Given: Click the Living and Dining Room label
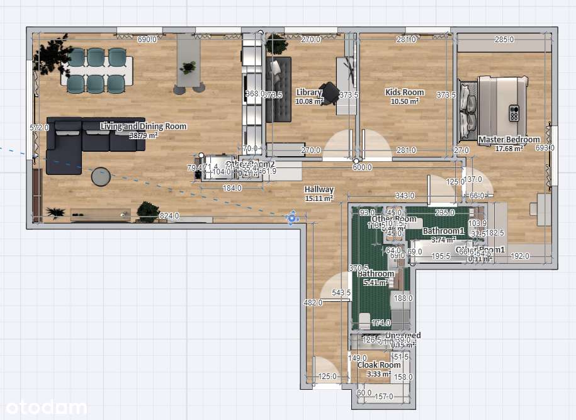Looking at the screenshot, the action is [144, 127].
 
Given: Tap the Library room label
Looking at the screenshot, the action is [309, 93].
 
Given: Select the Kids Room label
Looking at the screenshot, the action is [404, 93].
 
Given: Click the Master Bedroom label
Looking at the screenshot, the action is [509, 140].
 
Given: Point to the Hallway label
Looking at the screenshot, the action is [319, 190].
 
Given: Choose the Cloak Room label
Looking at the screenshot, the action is [379, 365].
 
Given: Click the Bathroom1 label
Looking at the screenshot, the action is [443, 231].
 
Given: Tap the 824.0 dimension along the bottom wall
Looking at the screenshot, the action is [169, 216].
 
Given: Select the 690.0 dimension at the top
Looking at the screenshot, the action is [147, 40].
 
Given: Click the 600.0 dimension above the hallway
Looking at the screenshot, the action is [362, 167].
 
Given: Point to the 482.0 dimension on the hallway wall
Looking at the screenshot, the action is [313, 302].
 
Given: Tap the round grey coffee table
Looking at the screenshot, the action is [101, 177].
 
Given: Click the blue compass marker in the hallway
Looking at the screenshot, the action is [291, 218].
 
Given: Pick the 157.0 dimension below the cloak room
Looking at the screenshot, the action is [383, 397].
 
